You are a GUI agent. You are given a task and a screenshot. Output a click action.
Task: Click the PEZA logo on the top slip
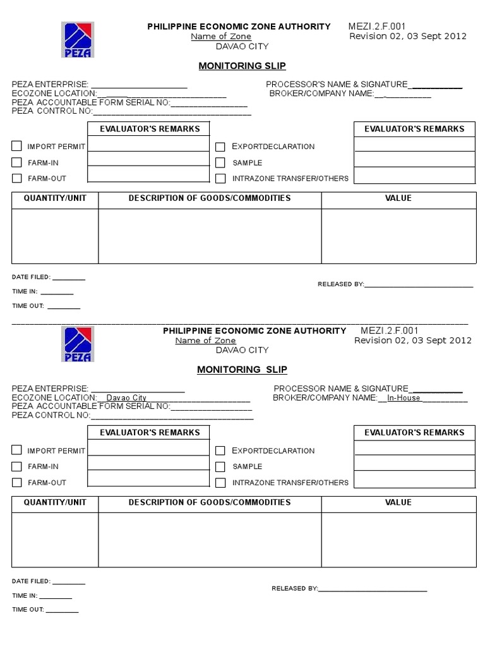click(x=77, y=39)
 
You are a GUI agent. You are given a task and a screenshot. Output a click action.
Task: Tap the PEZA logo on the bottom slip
click(x=77, y=344)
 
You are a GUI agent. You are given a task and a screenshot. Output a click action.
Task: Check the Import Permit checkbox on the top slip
click(x=17, y=146)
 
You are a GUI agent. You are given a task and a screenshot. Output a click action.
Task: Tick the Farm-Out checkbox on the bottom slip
click(x=17, y=483)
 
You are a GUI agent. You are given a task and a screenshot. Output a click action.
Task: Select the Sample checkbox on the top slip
click(x=220, y=163)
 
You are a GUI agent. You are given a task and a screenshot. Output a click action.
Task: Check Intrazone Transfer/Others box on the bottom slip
click(x=220, y=483)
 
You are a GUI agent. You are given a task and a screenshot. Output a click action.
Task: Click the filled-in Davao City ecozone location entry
click(x=126, y=398)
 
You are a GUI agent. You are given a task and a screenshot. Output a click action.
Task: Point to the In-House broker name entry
click(x=404, y=398)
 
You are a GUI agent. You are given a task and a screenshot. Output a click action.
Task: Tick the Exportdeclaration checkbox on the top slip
click(x=220, y=147)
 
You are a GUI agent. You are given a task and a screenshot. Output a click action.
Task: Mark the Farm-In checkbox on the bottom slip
click(x=17, y=467)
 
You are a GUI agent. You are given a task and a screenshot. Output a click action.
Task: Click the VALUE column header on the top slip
click(x=398, y=198)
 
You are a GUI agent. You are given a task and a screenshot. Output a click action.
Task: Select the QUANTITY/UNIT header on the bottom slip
click(x=55, y=502)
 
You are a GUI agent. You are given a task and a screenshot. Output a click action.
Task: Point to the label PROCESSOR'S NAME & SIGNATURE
click(x=337, y=84)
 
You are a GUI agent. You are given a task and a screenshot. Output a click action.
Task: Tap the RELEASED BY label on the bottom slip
click(x=294, y=589)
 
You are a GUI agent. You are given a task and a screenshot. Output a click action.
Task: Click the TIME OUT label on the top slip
click(x=28, y=306)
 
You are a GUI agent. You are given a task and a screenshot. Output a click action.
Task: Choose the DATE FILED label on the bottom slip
click(x=30, y=581)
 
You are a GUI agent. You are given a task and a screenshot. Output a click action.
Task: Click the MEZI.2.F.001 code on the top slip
click(x=377, y=27)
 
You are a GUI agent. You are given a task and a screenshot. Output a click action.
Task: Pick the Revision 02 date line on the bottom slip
click(x=412, y=341)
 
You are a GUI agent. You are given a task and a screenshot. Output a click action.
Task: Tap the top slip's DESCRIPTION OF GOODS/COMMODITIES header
click(x=210, y=198)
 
